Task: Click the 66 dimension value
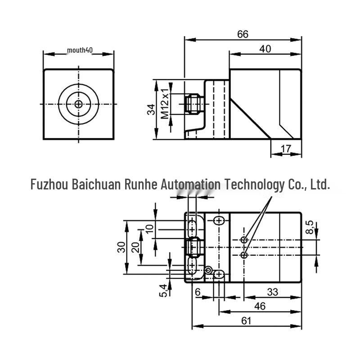click(243, 35)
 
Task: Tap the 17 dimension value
click(286, 149)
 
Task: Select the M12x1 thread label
click(165, 103)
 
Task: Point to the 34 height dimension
click(151, 109)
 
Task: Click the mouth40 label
click(80, 50)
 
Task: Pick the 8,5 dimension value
click(310, 227)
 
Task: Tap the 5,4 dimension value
click(163, 290)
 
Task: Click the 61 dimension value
click(246, 321)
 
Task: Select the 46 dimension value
click(260, 306)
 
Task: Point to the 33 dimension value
click(273, 292)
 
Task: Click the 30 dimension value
click(121, 247)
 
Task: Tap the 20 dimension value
click(136, 247)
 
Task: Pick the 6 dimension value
click(198, 292)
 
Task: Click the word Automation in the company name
click(190, 184)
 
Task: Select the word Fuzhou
click(49, 184)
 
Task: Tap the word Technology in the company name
click(255, 185)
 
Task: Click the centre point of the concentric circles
click(78, 104)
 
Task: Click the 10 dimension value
click(149, 229)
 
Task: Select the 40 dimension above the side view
click(265, 49)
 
